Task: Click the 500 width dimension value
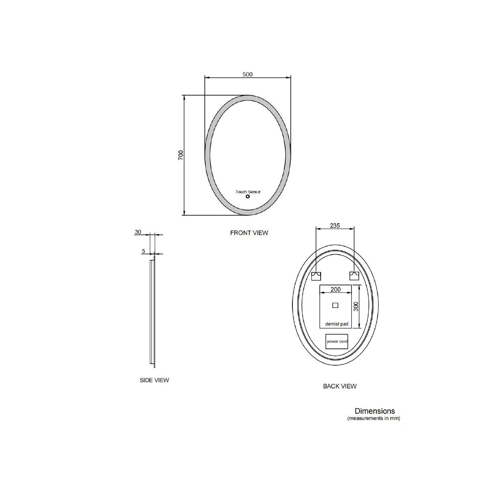(x=247, y=74)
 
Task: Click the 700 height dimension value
(x=181, y=155)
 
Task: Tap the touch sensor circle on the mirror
(x=248, y=196)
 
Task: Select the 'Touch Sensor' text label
(x=248, y=192)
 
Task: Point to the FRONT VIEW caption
(x=249, y=233)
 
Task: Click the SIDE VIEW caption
(x=154, y=380)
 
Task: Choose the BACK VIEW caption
(x=340, y=386)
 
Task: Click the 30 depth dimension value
(x=138, y=232)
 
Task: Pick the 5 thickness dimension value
(x=143, y=251)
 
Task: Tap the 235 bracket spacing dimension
(x=335, y=226)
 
